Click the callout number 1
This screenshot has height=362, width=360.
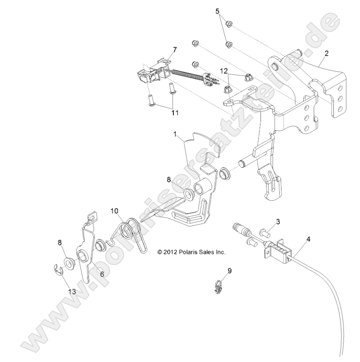tap(175, 135)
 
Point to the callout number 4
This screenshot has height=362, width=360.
tap(308, 239)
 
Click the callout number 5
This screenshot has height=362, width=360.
tap(218, 11)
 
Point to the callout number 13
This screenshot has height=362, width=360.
tap(72, 292)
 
